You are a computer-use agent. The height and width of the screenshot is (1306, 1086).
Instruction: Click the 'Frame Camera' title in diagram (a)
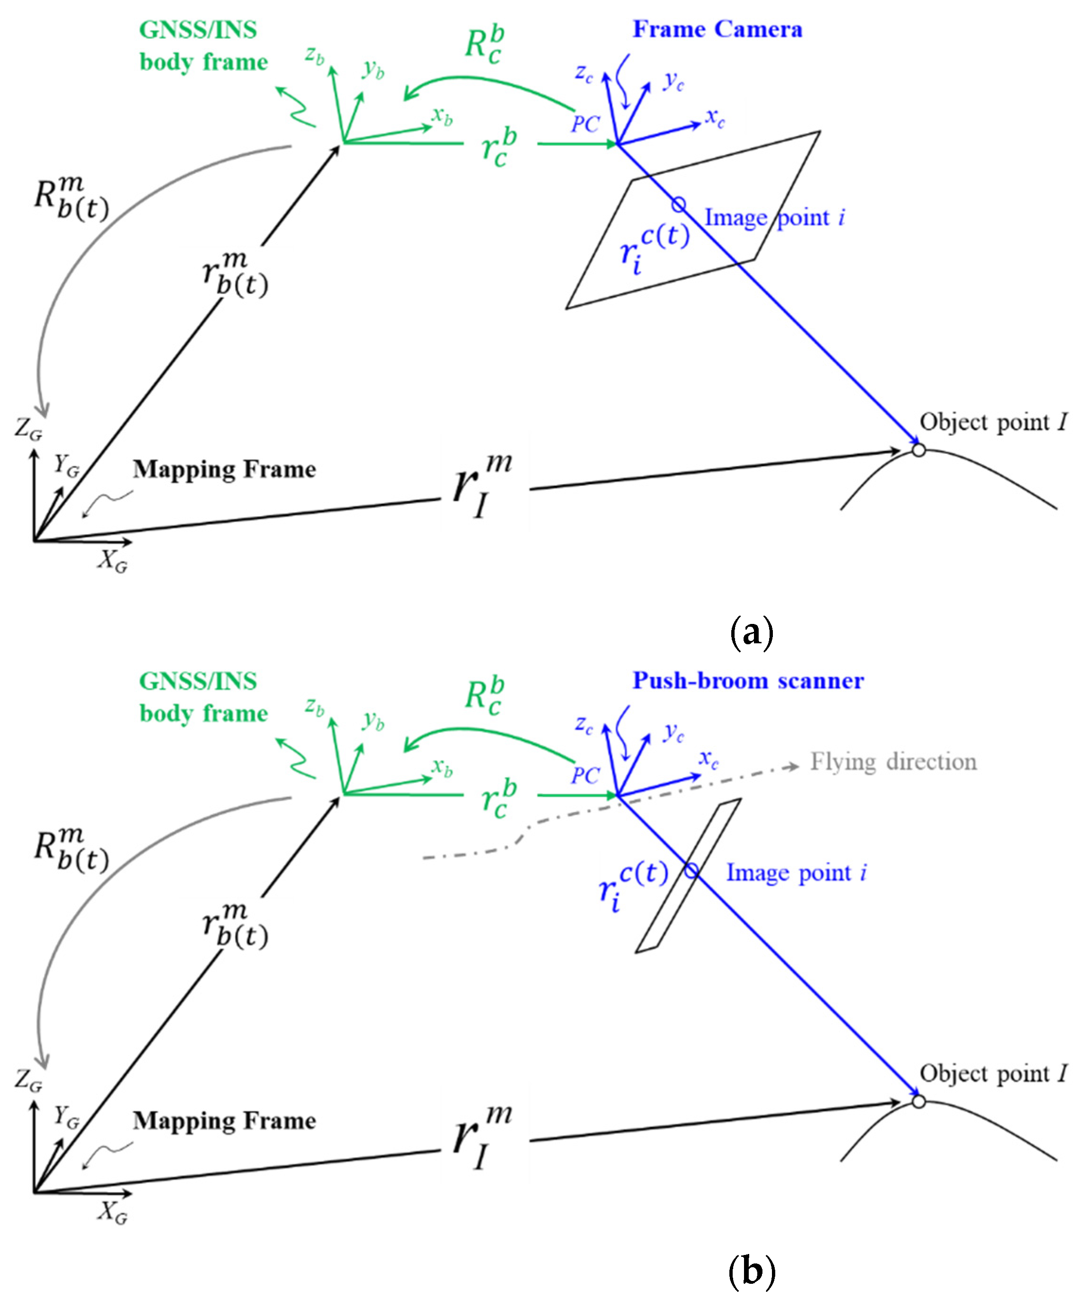point(717,29)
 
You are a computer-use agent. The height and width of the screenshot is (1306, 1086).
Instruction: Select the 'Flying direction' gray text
point(893,762)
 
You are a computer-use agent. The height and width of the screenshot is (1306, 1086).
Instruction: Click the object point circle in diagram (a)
point(919,450)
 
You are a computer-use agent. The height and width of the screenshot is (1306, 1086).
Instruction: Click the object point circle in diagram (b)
point(919,1101)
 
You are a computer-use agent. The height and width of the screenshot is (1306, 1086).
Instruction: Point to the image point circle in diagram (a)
point(678,205)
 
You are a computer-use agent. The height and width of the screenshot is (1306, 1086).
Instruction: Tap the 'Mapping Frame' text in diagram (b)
point(224,1121)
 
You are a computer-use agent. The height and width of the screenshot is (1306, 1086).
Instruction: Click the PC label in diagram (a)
point(585,124)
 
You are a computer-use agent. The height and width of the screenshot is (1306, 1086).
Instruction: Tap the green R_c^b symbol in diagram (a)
point(485,45)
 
